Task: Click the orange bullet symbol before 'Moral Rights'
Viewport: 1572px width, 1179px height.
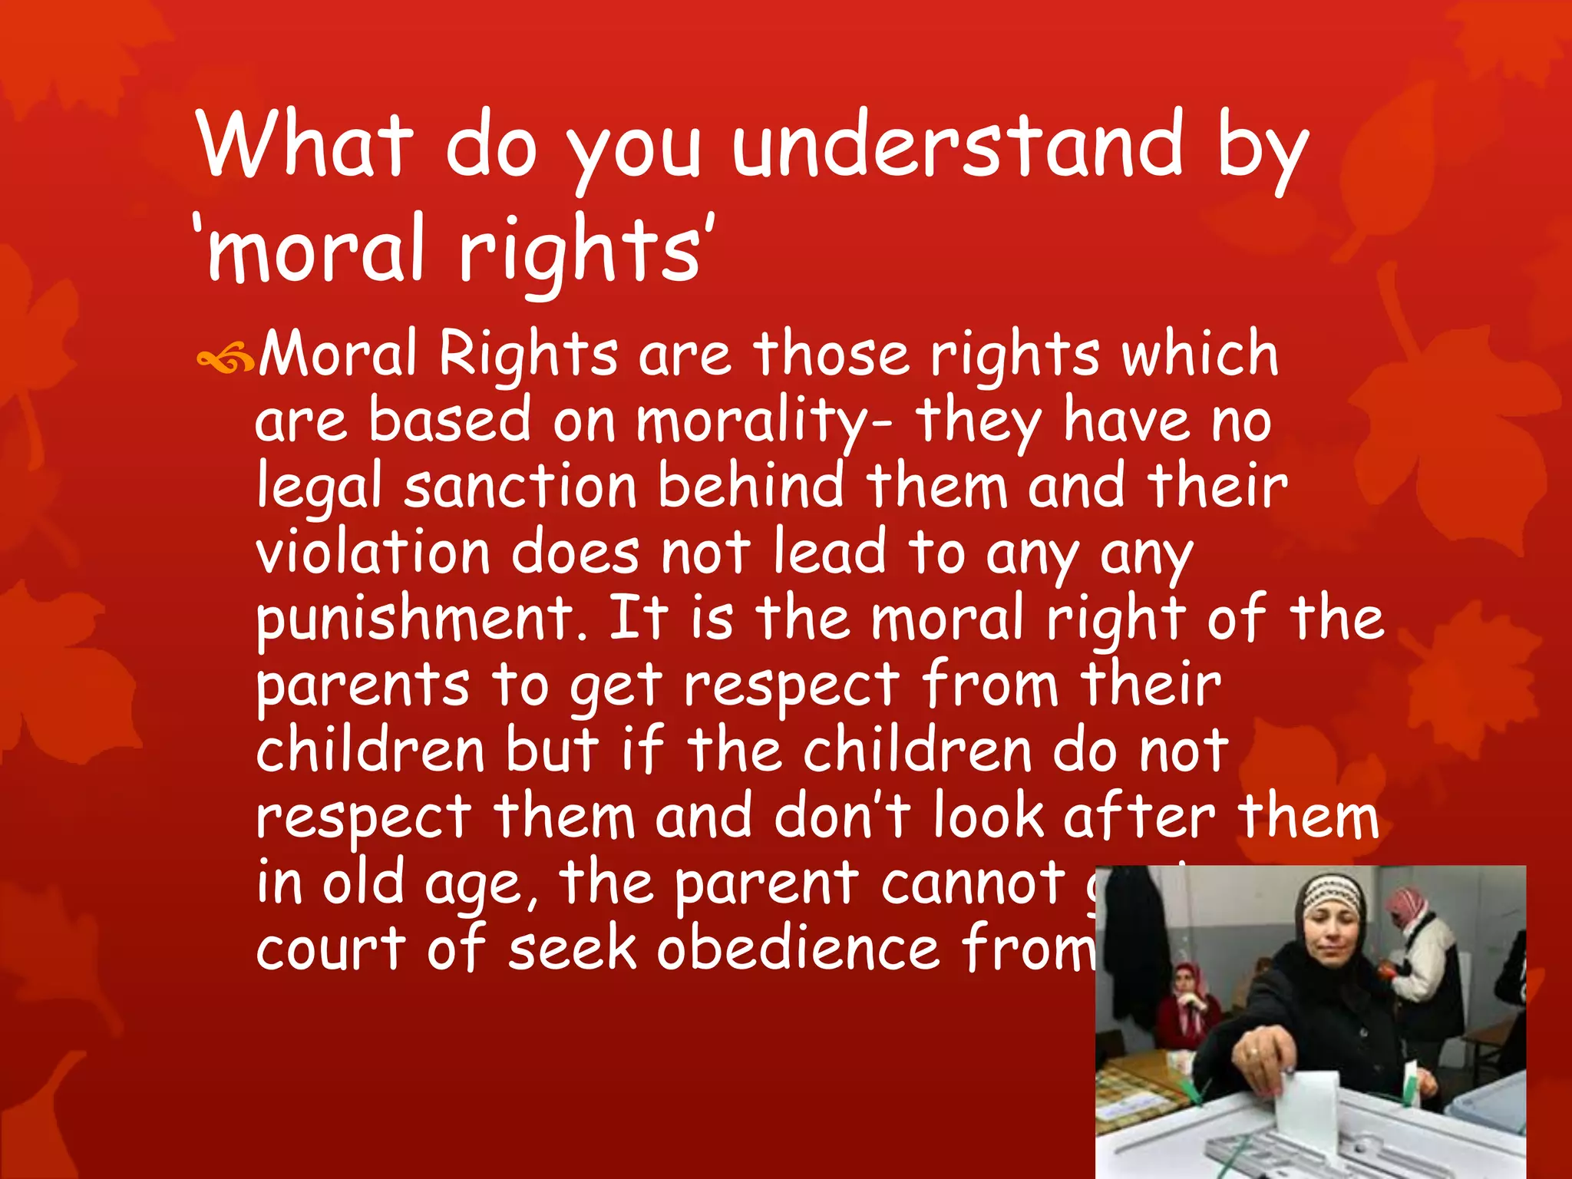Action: coord(224,358)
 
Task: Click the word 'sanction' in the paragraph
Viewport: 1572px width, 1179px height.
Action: coord(520,488)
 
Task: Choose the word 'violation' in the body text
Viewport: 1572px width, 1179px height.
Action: coord(372,553)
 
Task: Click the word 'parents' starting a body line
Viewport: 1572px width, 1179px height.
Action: coord(362,686)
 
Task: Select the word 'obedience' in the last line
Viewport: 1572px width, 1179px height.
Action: coord(798,950)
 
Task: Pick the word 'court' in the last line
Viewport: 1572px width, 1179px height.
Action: coord(331,950)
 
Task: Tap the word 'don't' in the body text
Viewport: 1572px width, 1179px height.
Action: coord(842,817)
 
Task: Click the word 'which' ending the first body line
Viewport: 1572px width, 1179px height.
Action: coord(1199,355)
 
